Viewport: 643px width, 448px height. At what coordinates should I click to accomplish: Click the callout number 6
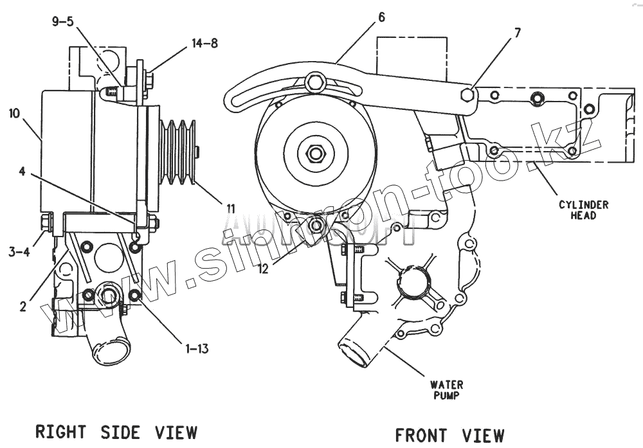pos(381,17)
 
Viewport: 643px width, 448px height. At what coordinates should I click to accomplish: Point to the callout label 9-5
pos(62,21)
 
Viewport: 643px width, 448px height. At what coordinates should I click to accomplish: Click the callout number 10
pos(15,114)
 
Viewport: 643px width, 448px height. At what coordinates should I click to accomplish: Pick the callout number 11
pos(230,208)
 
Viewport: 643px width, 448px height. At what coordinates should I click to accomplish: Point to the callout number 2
pos(23,307)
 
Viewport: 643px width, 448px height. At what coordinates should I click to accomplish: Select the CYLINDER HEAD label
pos(583,210)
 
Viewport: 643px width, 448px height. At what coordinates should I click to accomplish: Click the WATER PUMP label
pos(447,390)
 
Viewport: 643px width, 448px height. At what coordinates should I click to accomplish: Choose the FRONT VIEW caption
pos(449,435)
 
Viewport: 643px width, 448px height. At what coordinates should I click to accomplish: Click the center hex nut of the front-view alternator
pos(315,154)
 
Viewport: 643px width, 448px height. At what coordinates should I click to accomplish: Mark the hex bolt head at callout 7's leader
pos(467,96)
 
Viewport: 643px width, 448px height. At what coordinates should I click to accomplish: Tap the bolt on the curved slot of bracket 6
pos(315,82)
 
